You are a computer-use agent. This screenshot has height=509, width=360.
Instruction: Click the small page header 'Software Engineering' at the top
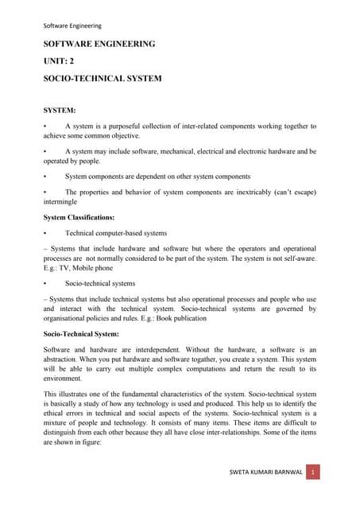tap(72, 25)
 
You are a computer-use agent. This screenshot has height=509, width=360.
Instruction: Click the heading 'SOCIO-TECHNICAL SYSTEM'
tap(103, 79)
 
